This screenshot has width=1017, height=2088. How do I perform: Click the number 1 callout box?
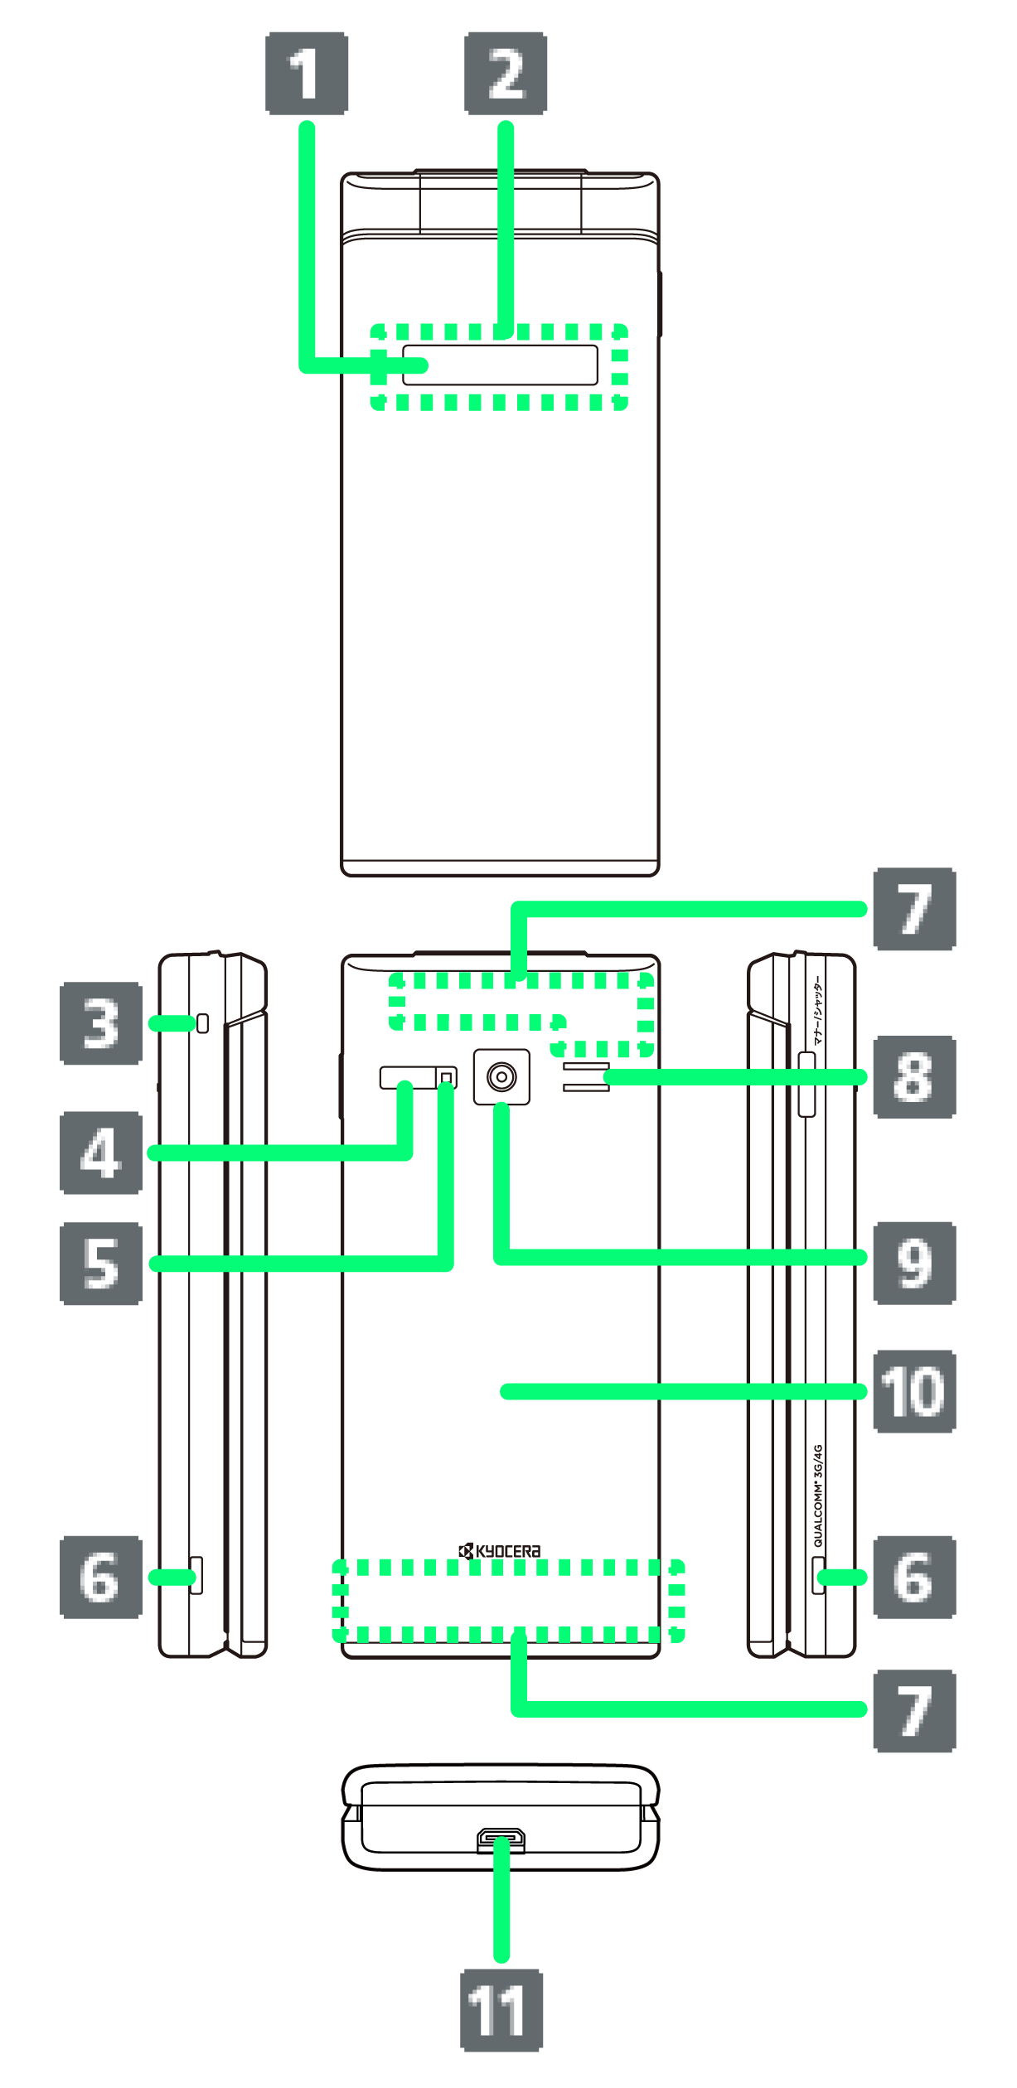point(307,73)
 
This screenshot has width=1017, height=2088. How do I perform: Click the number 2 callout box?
point(506,73)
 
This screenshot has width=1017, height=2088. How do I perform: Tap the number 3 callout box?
point(101,1023)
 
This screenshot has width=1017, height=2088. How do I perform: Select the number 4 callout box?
point(101,1153)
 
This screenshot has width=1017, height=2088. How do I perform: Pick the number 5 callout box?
point(101,1264)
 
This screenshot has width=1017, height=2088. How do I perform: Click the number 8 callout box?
point(914,1077)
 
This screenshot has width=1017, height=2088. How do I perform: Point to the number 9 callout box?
point(914,1263)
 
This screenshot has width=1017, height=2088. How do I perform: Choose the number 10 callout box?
point(914,1392)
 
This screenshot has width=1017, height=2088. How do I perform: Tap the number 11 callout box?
point(501,2010)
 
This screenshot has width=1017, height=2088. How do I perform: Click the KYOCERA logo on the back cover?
point(500,1551)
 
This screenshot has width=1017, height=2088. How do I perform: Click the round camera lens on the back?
point(501,1077)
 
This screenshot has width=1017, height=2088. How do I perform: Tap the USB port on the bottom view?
point(501,1840)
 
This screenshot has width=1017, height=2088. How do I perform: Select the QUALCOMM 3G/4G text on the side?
point(818,1496)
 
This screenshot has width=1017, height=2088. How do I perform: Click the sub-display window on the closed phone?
point(500,365)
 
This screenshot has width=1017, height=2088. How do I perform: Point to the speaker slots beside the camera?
point(586,1077)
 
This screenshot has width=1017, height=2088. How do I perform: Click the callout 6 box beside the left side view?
point(101,1577)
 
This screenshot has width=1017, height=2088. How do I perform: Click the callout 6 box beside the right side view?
point(914,1577)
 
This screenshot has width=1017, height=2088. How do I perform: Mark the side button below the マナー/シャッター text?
point(806,1084)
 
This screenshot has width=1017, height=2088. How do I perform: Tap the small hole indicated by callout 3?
point(202,1023)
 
